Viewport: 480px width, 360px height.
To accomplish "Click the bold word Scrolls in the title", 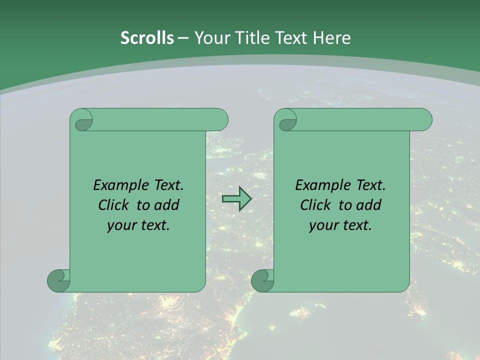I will (147, 38).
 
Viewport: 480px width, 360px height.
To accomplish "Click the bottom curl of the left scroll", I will (58, 281).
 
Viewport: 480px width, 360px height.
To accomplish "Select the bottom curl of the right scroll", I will (262, 281).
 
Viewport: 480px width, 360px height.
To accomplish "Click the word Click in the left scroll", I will (113, 205).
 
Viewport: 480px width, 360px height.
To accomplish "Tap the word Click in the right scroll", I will (315, 205).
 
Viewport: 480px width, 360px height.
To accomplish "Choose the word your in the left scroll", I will (121, 225).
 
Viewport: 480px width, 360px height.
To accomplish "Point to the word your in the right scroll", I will (323, 225).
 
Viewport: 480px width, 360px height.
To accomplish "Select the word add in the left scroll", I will (167, 205).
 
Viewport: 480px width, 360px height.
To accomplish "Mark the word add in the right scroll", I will (369, 205).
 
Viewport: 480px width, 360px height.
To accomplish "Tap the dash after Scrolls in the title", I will (183, 38).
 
